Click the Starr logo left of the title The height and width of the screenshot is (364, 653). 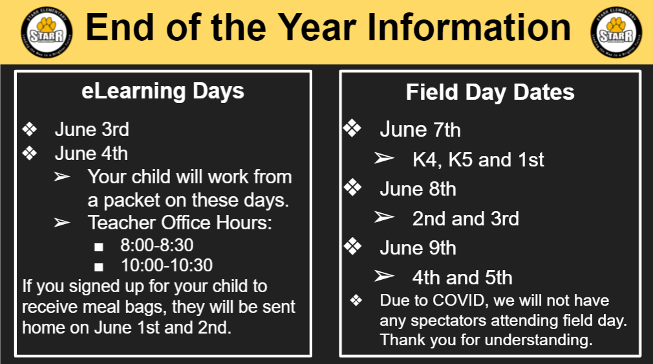coord(47,32)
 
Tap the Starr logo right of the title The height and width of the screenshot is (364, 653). coord(616,32)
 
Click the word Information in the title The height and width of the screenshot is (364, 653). coord(469,27)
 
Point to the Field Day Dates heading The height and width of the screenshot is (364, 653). coord(490,93)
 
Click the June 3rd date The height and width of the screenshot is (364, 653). coord(92,130)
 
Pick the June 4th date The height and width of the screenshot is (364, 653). coord(91,154)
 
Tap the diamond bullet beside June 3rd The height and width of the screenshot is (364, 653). coord(30,130)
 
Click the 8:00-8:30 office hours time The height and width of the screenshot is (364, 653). coord(157,245)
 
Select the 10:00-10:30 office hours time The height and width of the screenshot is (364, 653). coord(167,266)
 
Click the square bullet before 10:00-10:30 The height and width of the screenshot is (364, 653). coord(99,267)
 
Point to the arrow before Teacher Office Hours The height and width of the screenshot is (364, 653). coord(62,223)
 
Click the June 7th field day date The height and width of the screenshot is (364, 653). coord(420,130)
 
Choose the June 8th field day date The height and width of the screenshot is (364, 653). coord(418,189)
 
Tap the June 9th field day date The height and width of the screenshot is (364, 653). coord(418,248)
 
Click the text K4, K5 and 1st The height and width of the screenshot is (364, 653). coord(478,160)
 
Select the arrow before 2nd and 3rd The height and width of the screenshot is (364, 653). coord(384,217)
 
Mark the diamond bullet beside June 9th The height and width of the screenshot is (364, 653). coord(352,246)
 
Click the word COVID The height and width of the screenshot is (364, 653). coord(458,301)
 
